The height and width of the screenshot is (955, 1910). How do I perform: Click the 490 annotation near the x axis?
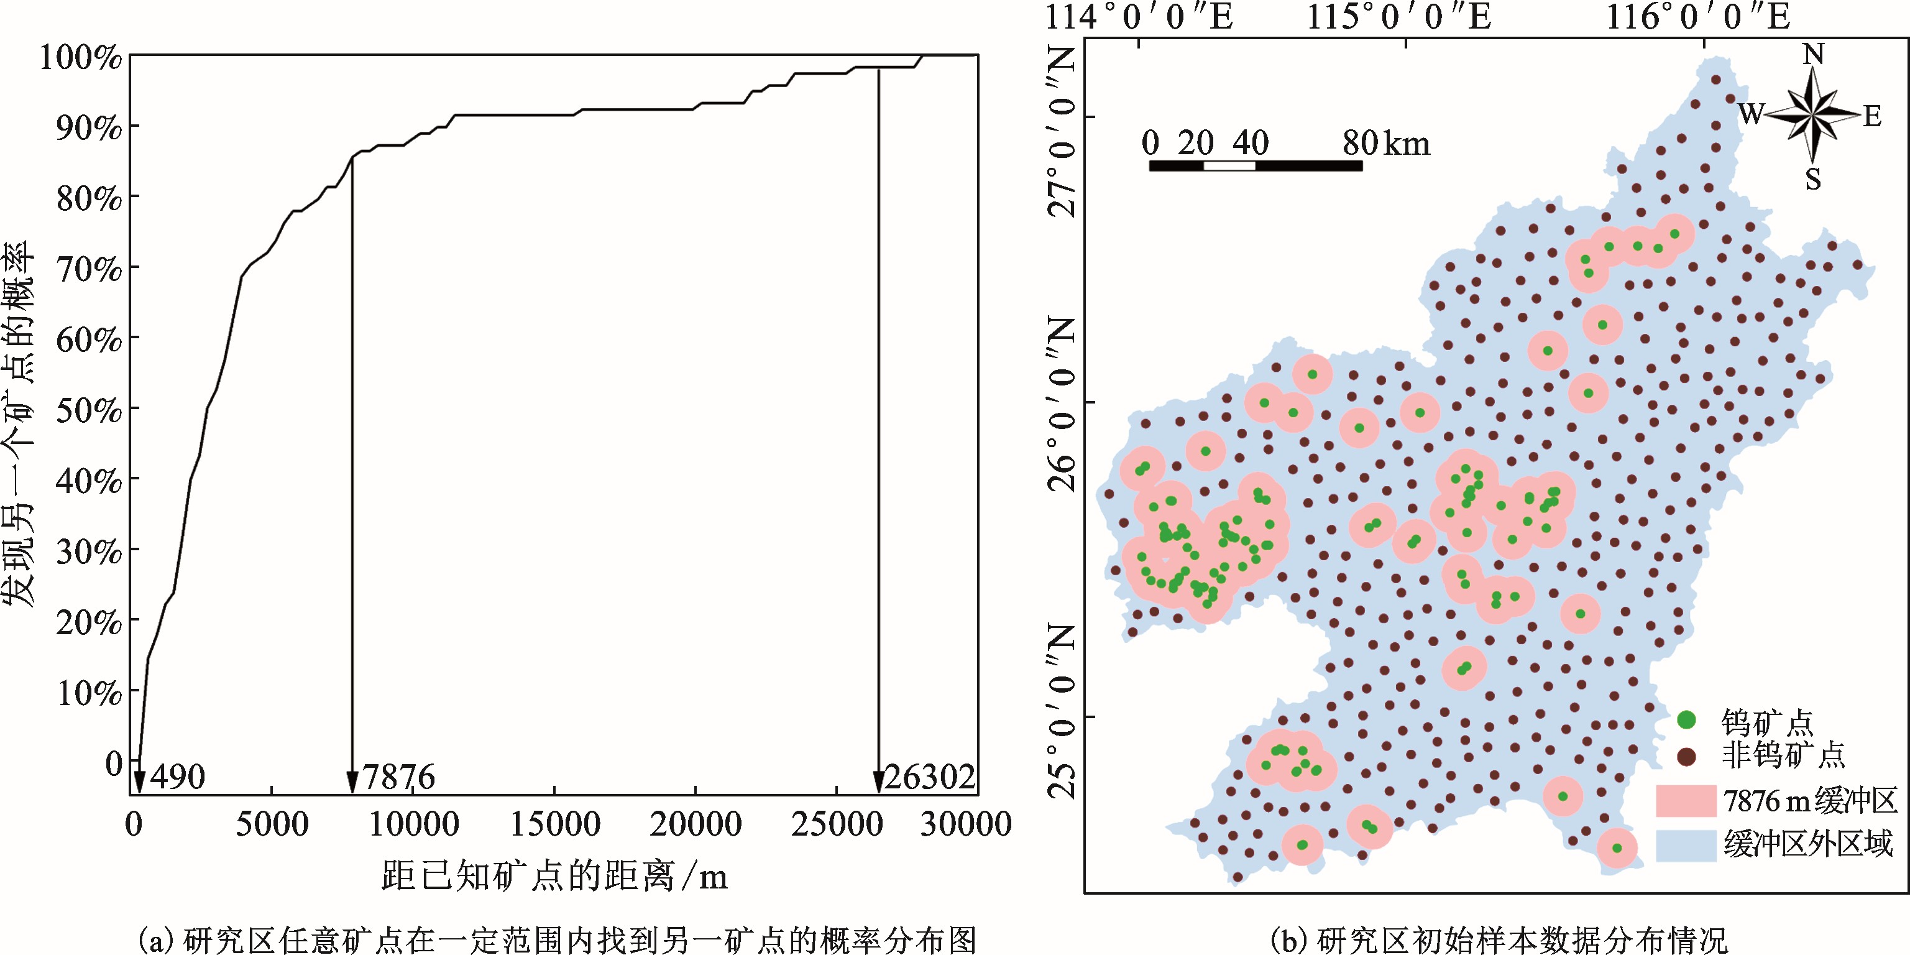pyautogui.click(x=177, y=777)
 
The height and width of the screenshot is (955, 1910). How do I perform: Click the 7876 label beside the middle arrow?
pyautogui.click(x=400, y=777)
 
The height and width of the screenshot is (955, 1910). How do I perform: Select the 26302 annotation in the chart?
pyautogui.click(x=930, y=777)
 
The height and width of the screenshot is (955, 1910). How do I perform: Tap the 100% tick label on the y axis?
pyautogui.click(x=81, y=57)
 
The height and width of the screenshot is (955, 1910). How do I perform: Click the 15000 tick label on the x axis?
pyautogui.click(x=556, y=824)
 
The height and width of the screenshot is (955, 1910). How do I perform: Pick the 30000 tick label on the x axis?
pyautogui.click(x=965, y=824)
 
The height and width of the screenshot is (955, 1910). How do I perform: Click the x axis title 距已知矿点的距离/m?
pyautogui.click(x=554, y=875)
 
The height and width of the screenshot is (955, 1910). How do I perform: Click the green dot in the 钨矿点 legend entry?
pyautogui.click(x=1687, y=719)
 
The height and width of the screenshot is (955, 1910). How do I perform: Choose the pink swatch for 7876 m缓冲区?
pyautogui.click(x=1686, y=801)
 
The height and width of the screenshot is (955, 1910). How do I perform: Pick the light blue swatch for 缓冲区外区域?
pyautogui.click(x=1686, y=844)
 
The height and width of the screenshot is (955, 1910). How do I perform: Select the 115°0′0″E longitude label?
pyautogui.click(x=1398, y=16)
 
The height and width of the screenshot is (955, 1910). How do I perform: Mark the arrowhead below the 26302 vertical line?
pyautogui.click(x=879, y=782)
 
